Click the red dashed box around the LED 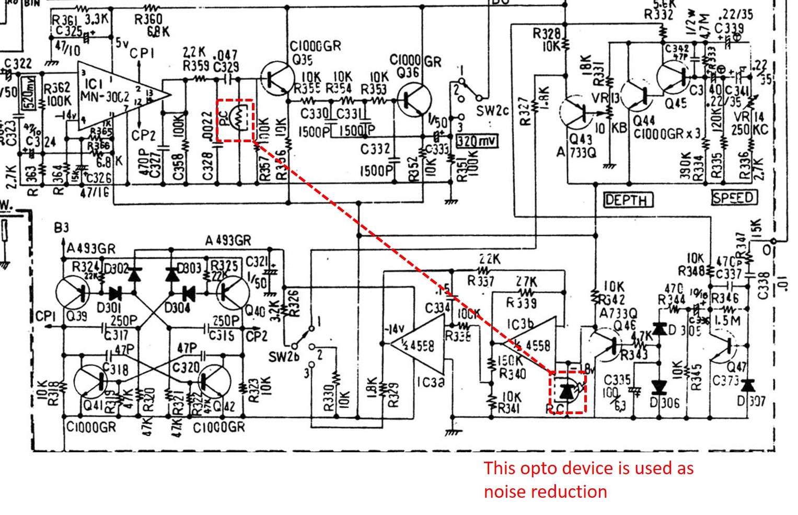[568, 392]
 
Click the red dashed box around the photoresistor [235, 120]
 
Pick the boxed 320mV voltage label [477, 141]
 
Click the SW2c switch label [492, 111]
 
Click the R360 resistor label [148, 19]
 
